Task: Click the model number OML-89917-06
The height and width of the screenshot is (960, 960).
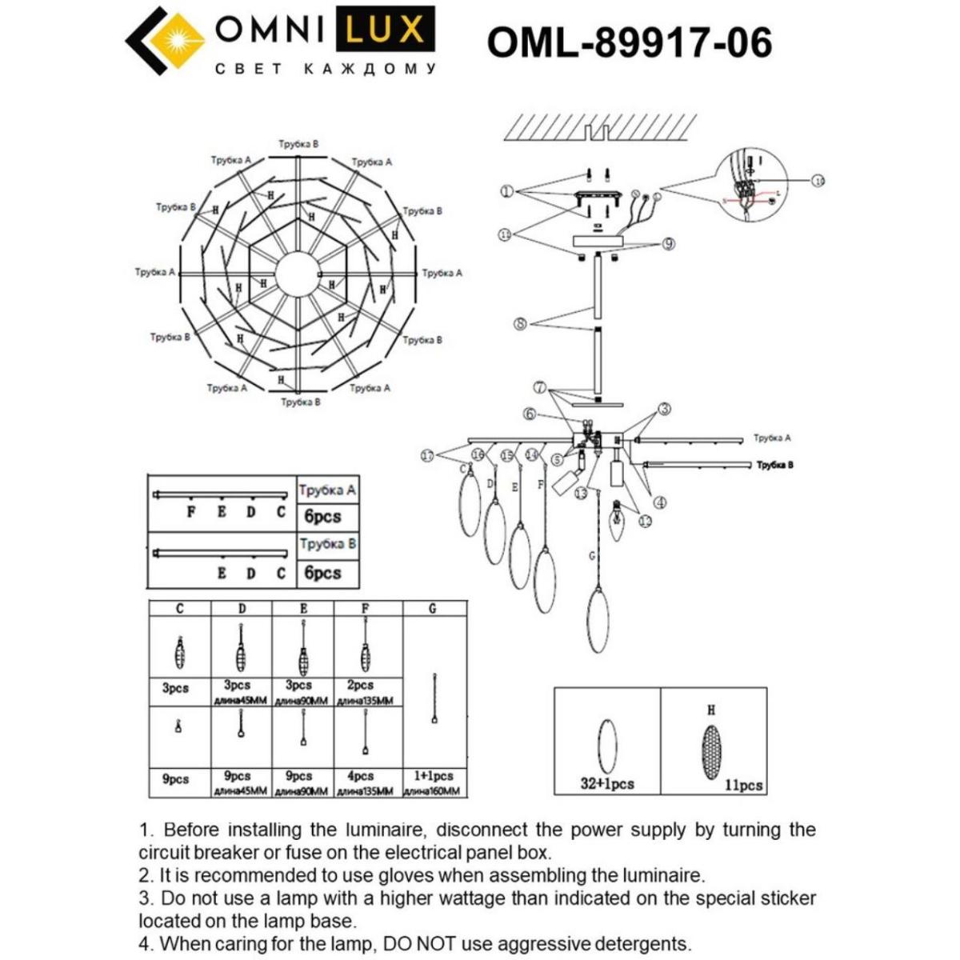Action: (x=630, y=42)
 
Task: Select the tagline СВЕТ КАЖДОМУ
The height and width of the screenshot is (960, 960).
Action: (x=326, y=70)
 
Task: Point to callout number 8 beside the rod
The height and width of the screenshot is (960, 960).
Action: (x=520, y=324)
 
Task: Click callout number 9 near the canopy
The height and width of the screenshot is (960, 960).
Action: (x=668, y=244)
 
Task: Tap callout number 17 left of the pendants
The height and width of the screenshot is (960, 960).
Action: (x=427, y=455)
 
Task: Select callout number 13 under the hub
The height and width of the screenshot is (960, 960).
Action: (x=580, y=494)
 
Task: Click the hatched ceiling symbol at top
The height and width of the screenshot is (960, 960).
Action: (x=600, y=126)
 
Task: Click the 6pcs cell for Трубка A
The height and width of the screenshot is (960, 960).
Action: (x=322, y=517)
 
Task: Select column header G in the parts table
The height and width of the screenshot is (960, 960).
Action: (x=433, y=609)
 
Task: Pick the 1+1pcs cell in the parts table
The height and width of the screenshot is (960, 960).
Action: (x=433, y=776)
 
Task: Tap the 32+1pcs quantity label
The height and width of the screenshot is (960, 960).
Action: (x=606, y=784)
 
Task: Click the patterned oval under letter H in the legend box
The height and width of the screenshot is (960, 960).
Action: (x=710, y=747)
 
